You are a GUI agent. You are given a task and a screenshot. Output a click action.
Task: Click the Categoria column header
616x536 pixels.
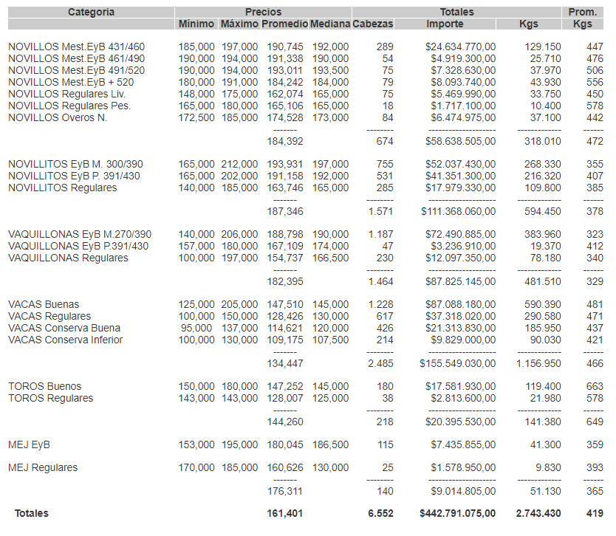click(x=91, y=12)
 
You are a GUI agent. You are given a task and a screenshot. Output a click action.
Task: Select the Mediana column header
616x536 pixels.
click(x=329, y=24)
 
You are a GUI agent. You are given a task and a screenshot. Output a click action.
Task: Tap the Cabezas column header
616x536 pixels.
click(x=373, y=24)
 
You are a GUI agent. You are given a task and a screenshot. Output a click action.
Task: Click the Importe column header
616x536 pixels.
click(x=445, y=24)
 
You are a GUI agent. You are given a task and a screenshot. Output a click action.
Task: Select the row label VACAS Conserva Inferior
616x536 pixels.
click(x=66, y=340)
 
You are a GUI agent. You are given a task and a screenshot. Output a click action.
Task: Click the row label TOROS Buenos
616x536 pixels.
click(x=45, y=386)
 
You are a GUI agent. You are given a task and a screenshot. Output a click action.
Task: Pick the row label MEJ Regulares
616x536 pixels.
click(x=43, y=467)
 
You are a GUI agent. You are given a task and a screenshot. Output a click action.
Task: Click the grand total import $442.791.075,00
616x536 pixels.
click(x=458, y=513)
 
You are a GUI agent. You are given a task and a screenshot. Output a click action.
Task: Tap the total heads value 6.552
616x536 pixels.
click(x=381, y=513)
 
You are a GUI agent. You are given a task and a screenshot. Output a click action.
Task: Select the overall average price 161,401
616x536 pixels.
click(x=285, y=513)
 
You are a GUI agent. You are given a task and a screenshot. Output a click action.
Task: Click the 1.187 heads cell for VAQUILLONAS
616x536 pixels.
click(x=381, y=234)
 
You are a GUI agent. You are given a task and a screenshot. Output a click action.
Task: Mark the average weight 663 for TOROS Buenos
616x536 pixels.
click(x=595, y=386)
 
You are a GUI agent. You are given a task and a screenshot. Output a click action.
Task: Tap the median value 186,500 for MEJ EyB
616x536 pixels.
click(x=330, y=444)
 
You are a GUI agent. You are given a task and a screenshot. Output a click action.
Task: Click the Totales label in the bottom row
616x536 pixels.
click(x=31, y=513)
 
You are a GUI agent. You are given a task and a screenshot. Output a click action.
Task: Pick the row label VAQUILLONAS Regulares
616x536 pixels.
click(x=68, y=258)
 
